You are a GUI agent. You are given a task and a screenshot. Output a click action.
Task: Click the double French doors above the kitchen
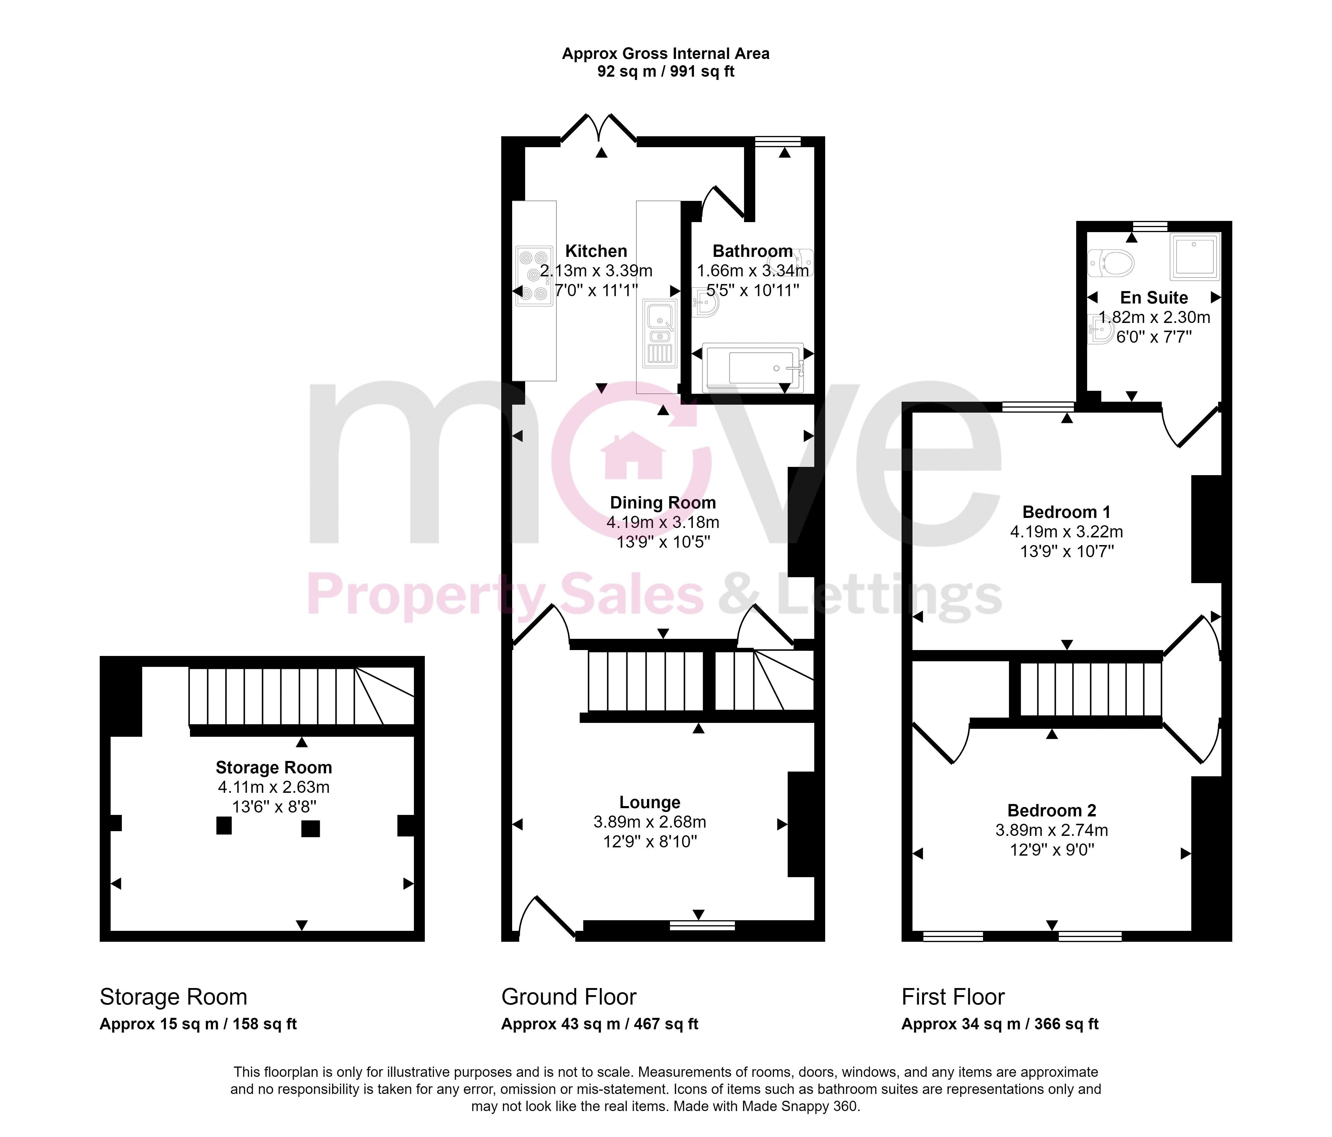599,129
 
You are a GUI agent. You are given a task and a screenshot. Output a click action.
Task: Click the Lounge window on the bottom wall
702,926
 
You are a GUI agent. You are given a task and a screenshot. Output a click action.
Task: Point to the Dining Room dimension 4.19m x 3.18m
663,523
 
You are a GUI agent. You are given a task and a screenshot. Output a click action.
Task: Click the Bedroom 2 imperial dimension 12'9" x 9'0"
1052,850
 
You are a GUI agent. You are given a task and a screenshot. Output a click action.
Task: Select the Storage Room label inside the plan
274,767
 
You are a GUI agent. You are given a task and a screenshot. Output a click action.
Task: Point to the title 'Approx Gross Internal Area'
665,54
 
